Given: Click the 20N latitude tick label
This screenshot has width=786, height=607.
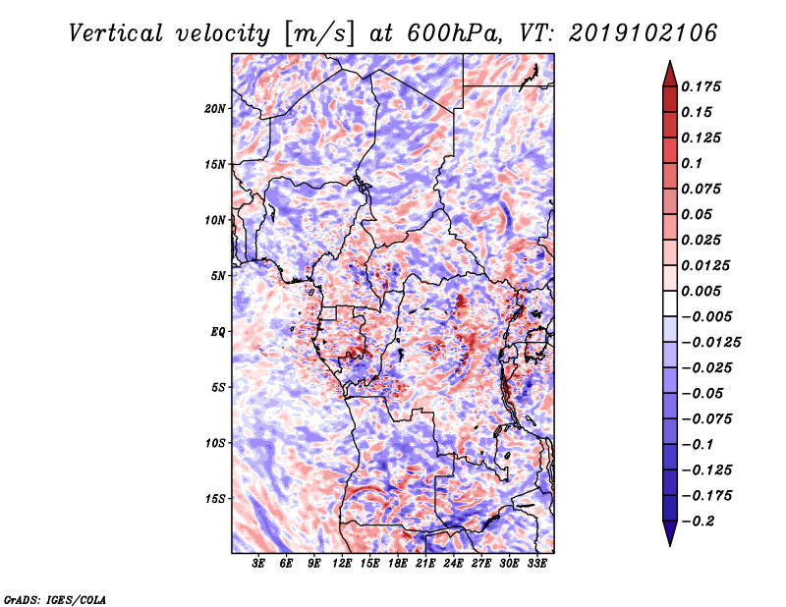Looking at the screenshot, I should click(215, 108).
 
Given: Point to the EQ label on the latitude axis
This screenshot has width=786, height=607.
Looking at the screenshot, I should click(218, 332).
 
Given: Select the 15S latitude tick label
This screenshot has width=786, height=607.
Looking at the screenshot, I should click(215, 499).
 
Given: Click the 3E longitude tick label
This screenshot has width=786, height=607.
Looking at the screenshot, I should click(258, 564).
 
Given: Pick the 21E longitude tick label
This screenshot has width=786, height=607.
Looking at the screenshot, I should click(425, 564).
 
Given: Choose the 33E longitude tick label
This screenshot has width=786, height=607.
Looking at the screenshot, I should click(536, 564).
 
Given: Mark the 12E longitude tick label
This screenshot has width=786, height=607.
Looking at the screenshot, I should click(342, 564).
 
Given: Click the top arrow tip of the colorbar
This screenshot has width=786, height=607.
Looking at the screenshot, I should click(668, 62).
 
